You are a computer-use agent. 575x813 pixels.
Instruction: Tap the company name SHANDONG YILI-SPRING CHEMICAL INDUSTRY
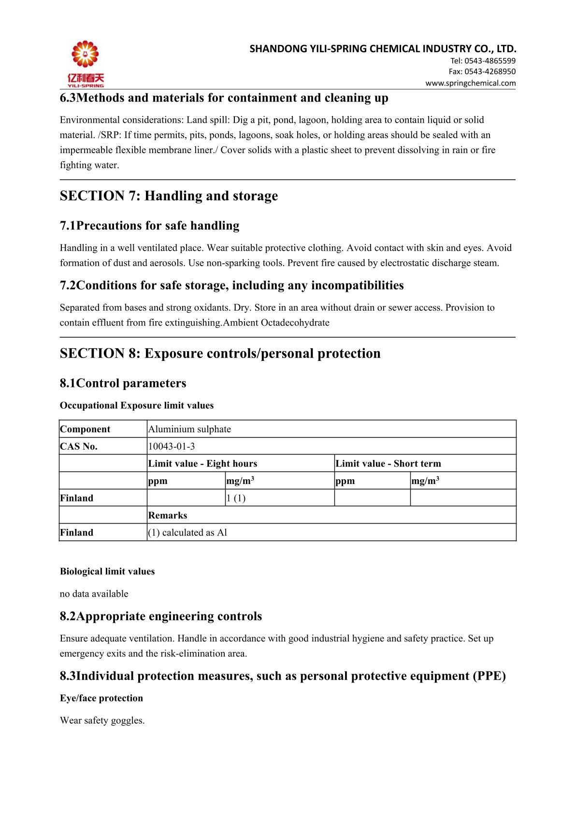coord(383,49)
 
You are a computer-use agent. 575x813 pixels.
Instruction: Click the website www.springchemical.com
coord(470,83)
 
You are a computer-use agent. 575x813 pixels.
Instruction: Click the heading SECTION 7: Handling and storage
coord(169,196)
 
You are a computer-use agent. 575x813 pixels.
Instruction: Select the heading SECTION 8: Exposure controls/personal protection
coord(220,354)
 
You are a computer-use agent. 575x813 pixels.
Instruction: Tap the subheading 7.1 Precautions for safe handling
coord(149,226)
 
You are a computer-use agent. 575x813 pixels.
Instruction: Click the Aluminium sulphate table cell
coord(189,429)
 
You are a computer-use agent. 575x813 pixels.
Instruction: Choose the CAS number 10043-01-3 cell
coord(172,446)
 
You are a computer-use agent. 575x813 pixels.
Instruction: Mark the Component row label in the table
coord(85,429)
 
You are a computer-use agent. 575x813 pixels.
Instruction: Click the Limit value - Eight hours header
coord(202,464)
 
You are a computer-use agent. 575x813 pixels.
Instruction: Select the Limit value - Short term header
coord(388,464)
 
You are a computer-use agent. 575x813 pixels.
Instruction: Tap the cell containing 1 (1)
coord(236,498)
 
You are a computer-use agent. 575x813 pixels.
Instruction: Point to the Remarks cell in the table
coord(167,515)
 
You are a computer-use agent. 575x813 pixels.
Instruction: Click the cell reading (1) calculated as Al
coord(187,533)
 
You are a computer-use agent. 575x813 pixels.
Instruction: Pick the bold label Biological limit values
coord(107,571)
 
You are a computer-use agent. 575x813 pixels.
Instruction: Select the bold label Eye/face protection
coord(101,699)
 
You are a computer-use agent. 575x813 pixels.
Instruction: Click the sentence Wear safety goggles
coord(102,721)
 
